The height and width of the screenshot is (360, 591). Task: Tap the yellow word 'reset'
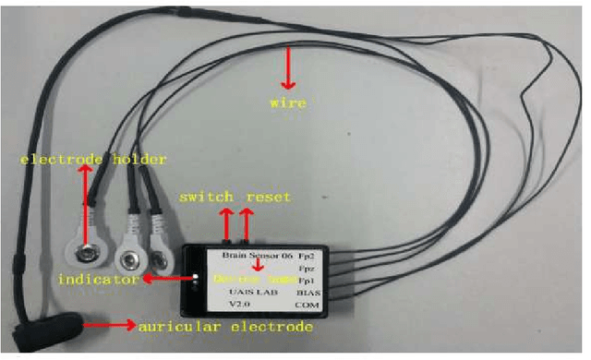click(x=269, y=198)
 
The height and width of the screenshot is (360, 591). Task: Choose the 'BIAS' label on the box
click(x=332, y=291)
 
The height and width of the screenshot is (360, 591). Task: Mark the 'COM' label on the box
click(x=332, y=305)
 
